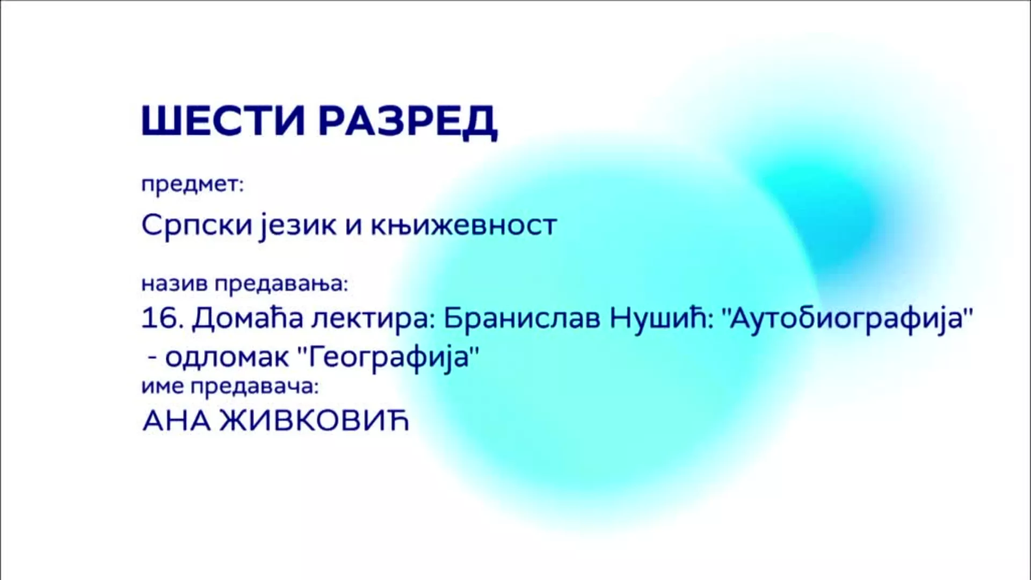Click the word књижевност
pyautogui.click(x=463, y=225)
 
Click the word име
pyautogui.click(x=162, y=387)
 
